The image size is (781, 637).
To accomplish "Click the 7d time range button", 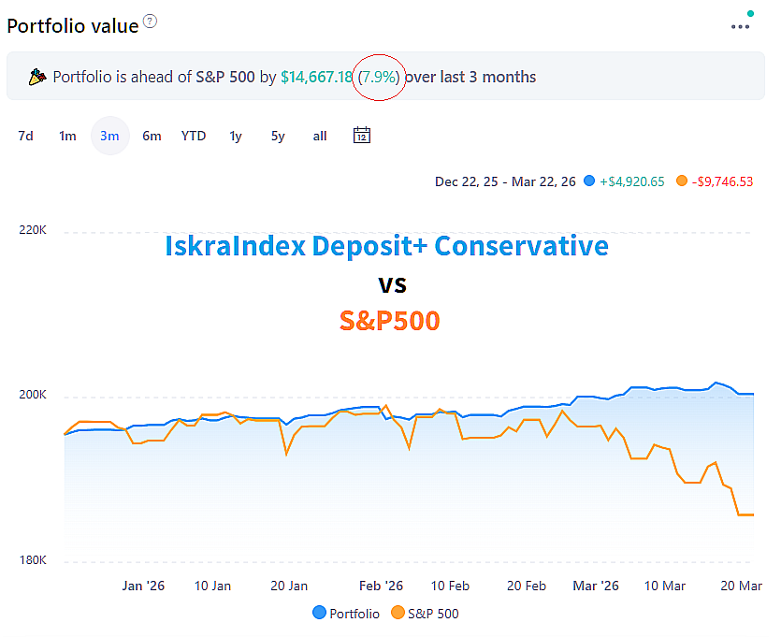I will click(x=25, y=136).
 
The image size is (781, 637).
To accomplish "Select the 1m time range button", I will click(x=67, y=136).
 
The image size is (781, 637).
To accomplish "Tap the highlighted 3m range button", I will click(x=109, y=136).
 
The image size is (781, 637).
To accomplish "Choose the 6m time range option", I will click(x=152, y=136).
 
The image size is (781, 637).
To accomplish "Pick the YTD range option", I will click(x=194, y=136).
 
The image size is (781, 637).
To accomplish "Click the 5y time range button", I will click(x=278, y=136).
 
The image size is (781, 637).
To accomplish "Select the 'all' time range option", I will click(x=320, y=136).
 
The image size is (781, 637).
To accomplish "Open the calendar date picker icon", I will click(x=362, y=136).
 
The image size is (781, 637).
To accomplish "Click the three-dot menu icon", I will click(x=741, y=26).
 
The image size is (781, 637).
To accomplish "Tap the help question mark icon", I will click(x=151, y=22).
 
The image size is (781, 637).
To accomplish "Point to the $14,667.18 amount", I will click(x=316, y=77).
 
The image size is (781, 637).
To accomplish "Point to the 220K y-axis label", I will click(x=33, y=230).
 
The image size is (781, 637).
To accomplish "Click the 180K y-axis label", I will click(x=33, y=560).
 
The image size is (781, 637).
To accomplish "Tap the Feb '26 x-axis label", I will click(x=381, y=586).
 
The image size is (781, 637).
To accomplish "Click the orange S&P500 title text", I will click(x=389, y=321).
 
